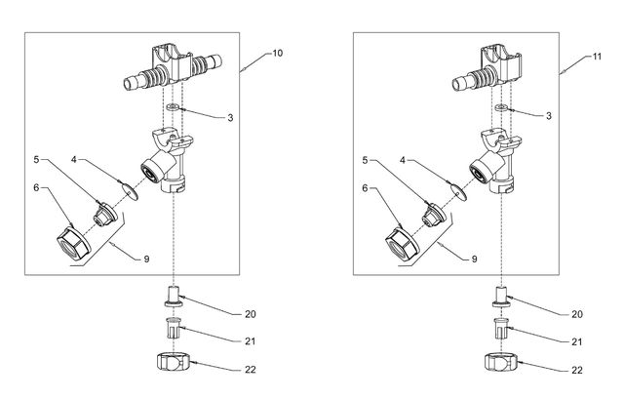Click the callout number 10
(x=278, y=52)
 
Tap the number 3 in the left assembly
(x=229, y=117)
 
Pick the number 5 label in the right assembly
(x=367, y=159)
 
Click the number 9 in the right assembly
(x=476, y=259)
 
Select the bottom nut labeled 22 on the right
(x=503, y=365)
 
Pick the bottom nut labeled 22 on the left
(x=173, y=365)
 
